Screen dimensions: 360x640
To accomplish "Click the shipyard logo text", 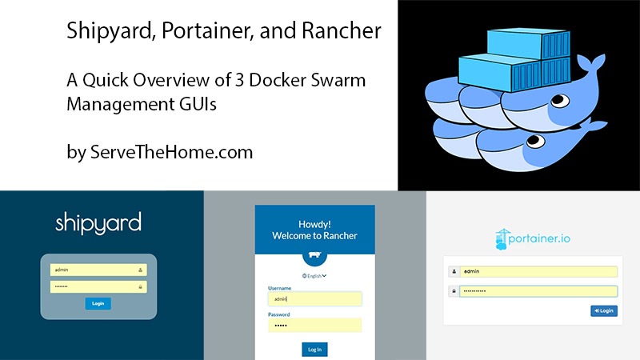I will point(98,222).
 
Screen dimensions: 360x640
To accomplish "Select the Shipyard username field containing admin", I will point(98,270).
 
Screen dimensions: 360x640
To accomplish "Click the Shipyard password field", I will point(98,286).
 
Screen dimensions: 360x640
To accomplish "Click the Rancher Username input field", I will point(314,298).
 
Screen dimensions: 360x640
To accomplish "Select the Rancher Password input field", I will point(314,326).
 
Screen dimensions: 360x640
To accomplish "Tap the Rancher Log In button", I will point(314,349).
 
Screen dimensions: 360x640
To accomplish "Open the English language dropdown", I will point(314,275).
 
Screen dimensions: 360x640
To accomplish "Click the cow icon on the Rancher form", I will point(314,255).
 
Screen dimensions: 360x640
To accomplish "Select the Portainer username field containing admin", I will point(538,271).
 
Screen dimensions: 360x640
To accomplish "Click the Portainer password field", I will point(538,291).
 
